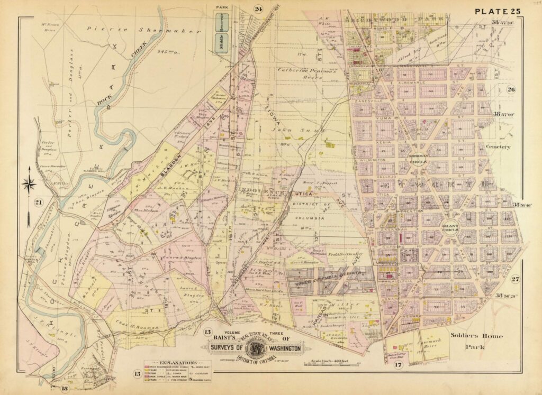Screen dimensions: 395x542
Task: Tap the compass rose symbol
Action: [30, 184]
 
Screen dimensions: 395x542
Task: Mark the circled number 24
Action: [258, 8]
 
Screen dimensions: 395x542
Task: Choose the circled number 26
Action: [511, 89]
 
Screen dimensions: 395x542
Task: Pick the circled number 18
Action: [65, 389]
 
